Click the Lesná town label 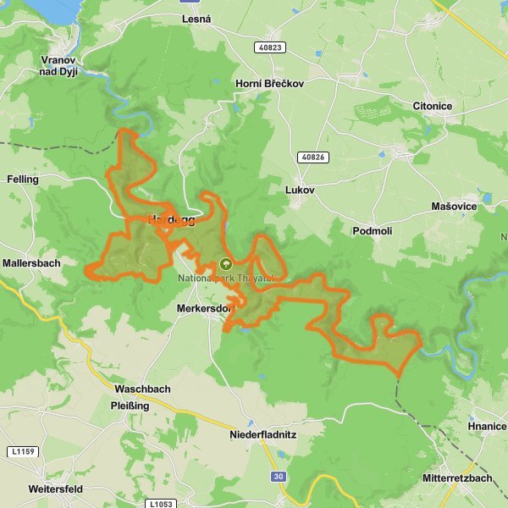click(x=196, y=19)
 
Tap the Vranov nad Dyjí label click(x=58, y=66)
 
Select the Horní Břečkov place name click(x=268, y=84)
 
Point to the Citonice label click(x=432, y=106)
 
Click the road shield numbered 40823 click(x=271, y=48)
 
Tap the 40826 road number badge click(x=312, y=157)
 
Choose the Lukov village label click(x=300, y=190)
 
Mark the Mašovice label click(x=453, y=207)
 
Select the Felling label click(x=23, y=179)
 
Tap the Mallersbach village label click(x=31, y=263)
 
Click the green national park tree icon click(x=224, y=263)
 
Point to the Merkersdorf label click(x=204, y=309)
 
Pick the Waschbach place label click(x=142, y=389)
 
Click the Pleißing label click(x=130, y=406)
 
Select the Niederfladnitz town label click(x=265, y=435)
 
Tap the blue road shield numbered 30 click(x=279, y=478)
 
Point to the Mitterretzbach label click(x=457, y=478)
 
